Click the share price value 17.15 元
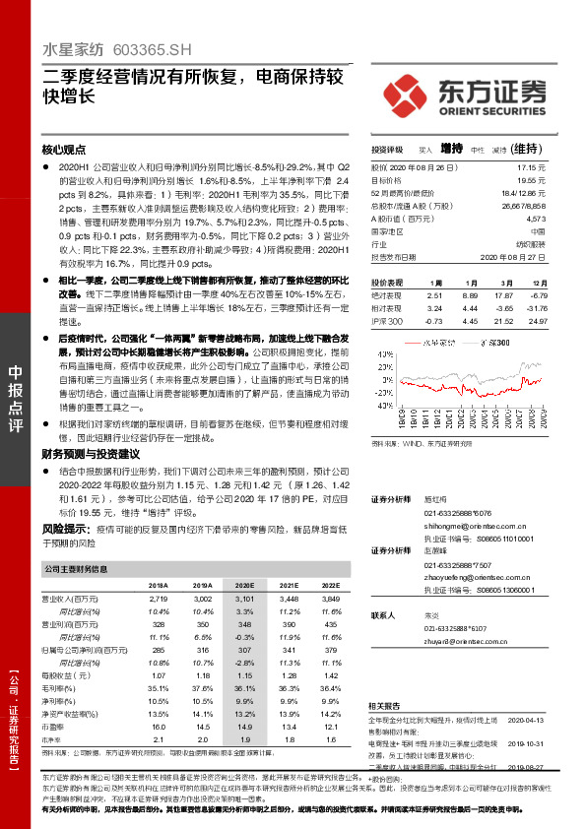point(532,168)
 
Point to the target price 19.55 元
point(532,181)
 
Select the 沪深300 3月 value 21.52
point(504,321)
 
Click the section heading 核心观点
point(64,151)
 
